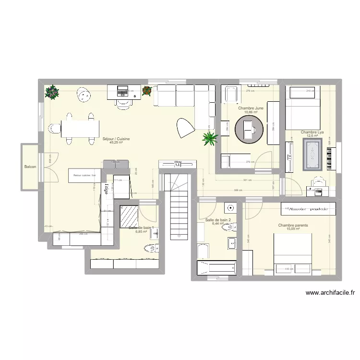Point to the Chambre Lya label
tap(312, 132)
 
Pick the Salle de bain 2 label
tap(217, 221)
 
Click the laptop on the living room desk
tap(122, 90)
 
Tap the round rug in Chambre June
tap(249, 129)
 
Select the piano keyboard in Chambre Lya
tap(329, 157)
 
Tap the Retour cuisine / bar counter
tap(85, 176)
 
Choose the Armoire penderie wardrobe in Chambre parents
tap(308, 209)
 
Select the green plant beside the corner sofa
tap(210, 139)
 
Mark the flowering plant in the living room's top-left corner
tap(51, 92)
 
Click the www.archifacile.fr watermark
tap(329, 292)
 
